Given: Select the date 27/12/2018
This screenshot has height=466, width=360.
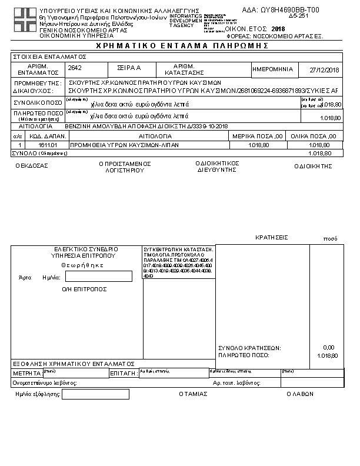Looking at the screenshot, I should coord(324,70).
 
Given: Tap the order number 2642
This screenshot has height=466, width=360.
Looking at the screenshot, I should coord(74,68).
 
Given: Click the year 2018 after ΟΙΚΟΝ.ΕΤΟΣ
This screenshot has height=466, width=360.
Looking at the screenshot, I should coord(278,28).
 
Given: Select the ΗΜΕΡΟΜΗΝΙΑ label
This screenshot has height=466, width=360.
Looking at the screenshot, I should coord(272,69).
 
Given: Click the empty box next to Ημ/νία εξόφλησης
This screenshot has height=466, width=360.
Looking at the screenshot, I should coord(95,394).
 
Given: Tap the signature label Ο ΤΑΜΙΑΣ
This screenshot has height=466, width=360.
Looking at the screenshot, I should coord(193,394).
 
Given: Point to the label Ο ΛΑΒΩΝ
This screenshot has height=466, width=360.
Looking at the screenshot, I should coord(299,394).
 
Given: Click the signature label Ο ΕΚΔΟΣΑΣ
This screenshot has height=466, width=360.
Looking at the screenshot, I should coord(32,166).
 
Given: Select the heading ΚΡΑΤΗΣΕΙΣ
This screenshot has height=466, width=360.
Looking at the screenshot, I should coord(271,237).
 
